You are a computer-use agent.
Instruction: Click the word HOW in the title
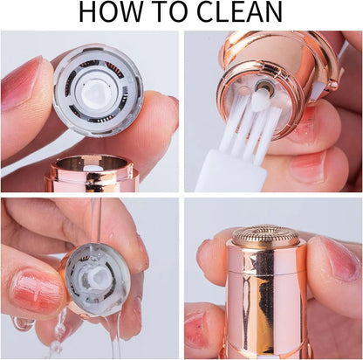(110, 13)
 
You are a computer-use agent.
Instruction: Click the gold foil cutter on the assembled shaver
(265, 237)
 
